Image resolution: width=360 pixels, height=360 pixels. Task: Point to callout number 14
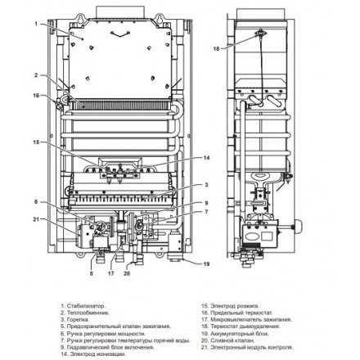pyautogui.click(x=206, y=157)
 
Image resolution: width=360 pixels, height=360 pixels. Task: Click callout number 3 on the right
pyautogui.click(x=206, y=185)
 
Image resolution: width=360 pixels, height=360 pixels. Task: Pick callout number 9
pyautogui.click(x=206, y=203)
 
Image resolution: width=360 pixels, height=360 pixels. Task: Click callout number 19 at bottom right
pyautogui.click(x=206, y=263)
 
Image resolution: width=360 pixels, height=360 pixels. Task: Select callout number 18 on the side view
pyautogui.click(x=217, y=49)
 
